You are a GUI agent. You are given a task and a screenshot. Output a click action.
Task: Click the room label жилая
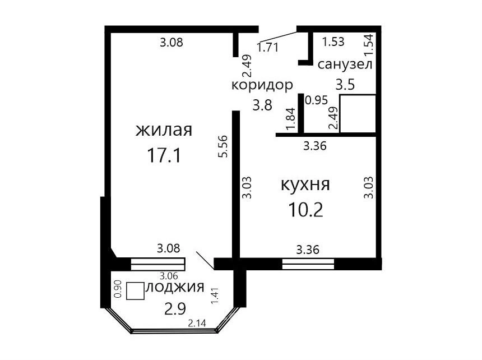164,130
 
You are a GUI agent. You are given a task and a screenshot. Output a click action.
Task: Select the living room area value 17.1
164,155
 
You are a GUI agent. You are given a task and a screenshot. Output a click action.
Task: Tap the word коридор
262,85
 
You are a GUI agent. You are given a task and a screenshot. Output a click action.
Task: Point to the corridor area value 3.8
262,105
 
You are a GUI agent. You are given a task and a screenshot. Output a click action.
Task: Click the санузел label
345,64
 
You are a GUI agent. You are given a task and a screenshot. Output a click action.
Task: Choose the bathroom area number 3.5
345,84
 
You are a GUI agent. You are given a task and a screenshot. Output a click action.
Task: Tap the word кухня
305,184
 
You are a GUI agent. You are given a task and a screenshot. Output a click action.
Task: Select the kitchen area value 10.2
305,210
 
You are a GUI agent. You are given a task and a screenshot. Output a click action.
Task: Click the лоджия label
175,287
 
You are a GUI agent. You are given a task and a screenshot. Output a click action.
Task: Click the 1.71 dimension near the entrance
268,47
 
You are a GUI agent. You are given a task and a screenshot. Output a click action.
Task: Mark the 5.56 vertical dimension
223,146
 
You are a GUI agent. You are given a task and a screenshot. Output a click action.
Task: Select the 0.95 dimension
317,100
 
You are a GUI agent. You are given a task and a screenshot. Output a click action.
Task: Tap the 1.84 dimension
290,118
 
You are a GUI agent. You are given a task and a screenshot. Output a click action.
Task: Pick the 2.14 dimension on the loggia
197,323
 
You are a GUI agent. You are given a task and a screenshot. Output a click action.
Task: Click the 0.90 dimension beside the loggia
118,289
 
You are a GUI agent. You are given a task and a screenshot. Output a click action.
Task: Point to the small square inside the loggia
135,291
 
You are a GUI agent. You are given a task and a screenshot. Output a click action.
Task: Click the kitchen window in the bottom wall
308,264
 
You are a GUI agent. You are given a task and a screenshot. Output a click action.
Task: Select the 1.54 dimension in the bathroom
369,44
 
